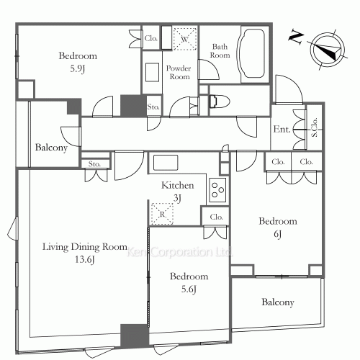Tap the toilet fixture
(x=220, y=102)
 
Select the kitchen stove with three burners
(x=217, y=190)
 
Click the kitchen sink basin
(x=166, y=163)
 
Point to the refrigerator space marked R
(x=162, y=214)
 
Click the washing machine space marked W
(x=185, y=39)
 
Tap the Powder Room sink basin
(x=152, y=73)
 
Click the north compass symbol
(x=328, y=50)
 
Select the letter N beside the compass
(x=297, y=37)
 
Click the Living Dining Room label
(x=85, y=247)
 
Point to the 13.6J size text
(x=85, y=260)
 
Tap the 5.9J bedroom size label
(x=78, y=69)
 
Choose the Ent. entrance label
(x=282, y=129)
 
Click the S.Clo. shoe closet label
(x=314, y=127)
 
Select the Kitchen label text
(x=178, y=185)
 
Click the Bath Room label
(x=220, y=50)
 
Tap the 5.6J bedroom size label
(x=189, y=289)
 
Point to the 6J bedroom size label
(x=278, y=234)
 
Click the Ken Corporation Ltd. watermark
(x=179, y=252)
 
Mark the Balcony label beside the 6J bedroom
(x=278, y=302)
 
